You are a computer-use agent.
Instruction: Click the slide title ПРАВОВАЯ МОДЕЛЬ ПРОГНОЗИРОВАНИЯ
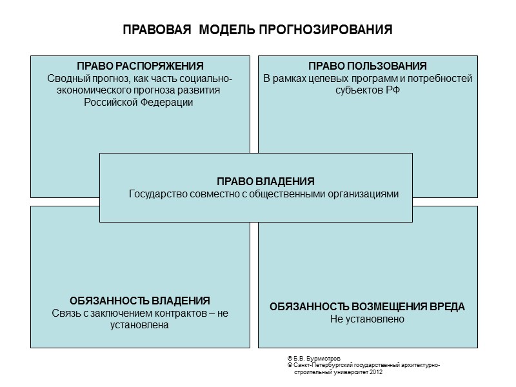(257, 30)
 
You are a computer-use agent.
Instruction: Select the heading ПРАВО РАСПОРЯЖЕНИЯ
(140, 66)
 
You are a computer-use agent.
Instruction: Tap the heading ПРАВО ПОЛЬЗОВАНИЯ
(368, 66)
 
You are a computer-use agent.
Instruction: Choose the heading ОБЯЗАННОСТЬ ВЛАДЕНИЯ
(140, 301)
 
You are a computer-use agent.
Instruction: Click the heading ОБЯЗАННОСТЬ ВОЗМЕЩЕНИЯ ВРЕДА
(367, 306)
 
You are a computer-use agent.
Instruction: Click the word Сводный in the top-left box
(67, 79)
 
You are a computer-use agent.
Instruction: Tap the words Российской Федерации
(139, 102)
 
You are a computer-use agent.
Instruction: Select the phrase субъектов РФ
(368, 90)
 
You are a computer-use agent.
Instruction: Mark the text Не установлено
(367, 319)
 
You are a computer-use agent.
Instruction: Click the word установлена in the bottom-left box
(140, 325)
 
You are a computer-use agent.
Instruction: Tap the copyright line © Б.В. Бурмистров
(313, 357)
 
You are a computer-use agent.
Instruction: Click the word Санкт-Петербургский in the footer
(319, 365)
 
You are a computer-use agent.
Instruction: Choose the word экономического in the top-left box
(90, 90)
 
